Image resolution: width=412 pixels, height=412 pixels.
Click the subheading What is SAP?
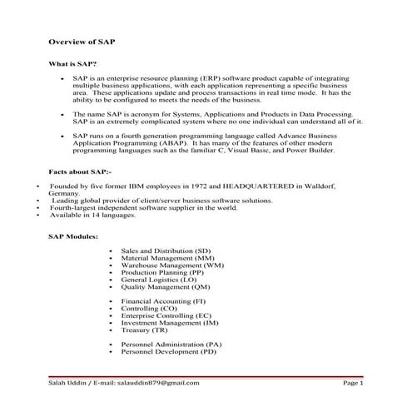(x=73, y=64)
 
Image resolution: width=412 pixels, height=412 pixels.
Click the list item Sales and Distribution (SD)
(x=166, y=251)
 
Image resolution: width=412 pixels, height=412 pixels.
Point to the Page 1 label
(x=354, y=383)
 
